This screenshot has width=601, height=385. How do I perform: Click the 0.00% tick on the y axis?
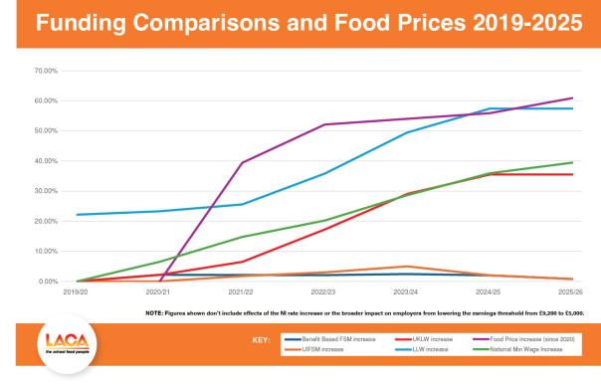pyautogui.click(x=49, y=282)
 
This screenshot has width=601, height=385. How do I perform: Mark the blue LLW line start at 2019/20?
pyautogui.click(x=78, y=215)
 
